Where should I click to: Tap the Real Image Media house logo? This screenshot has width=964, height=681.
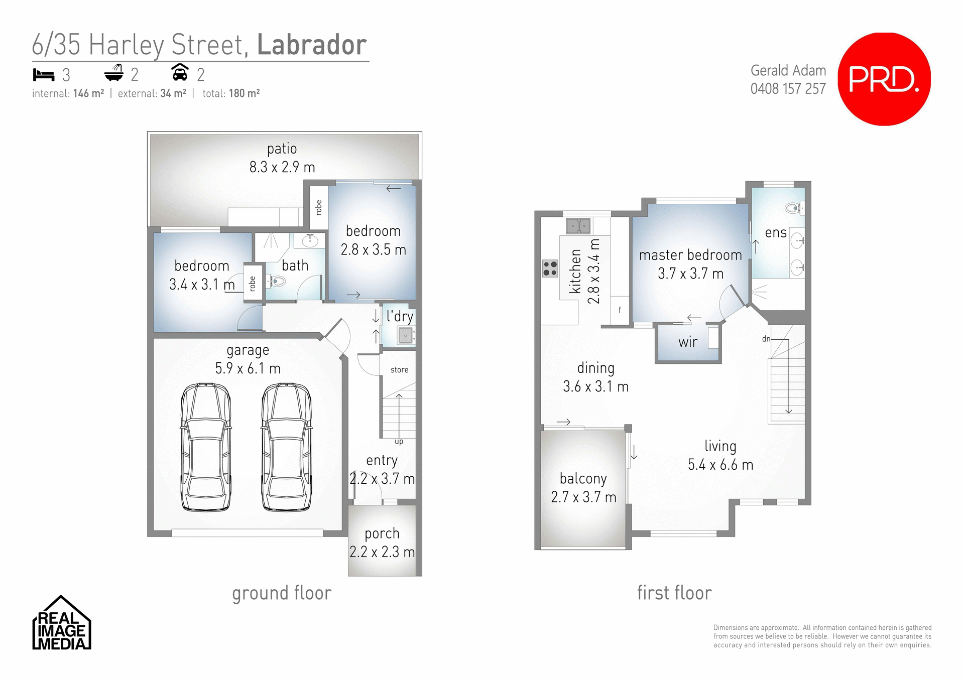[61, 623]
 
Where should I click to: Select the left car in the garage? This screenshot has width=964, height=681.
[206, 447]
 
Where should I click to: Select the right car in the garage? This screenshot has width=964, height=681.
[286, 447]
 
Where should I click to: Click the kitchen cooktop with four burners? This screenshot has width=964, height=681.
[550, 268]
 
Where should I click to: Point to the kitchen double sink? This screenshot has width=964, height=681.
[578, 226]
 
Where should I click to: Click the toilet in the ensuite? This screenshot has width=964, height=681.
[794, 208]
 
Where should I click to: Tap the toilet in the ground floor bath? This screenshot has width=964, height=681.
[277, 282]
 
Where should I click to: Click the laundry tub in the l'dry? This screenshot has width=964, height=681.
[405, 335]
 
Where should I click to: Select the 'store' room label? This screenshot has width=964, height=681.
[399, 370]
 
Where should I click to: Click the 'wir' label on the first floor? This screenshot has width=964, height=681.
[687, 342]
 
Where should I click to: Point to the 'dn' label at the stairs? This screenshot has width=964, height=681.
[766, 339]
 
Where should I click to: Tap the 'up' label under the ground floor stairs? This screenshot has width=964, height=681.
[399, 442]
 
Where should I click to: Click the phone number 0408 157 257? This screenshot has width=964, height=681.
[788, 89]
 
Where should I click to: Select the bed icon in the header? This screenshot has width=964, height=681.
[44, 75]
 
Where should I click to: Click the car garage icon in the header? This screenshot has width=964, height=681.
[180, 73]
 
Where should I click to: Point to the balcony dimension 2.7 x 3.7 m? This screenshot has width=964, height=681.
[583, 497]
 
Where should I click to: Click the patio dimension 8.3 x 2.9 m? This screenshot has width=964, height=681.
[282, 167]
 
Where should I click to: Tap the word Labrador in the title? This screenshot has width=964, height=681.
[312, 45]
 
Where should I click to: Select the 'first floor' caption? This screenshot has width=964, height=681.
[674, 593]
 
